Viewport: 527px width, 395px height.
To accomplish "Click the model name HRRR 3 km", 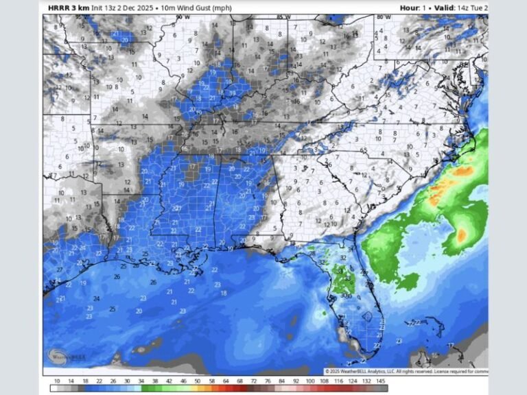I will (69, 8).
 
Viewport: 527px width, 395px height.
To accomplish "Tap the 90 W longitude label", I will (182, 16).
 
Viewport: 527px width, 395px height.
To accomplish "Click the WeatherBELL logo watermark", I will (62, 357).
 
